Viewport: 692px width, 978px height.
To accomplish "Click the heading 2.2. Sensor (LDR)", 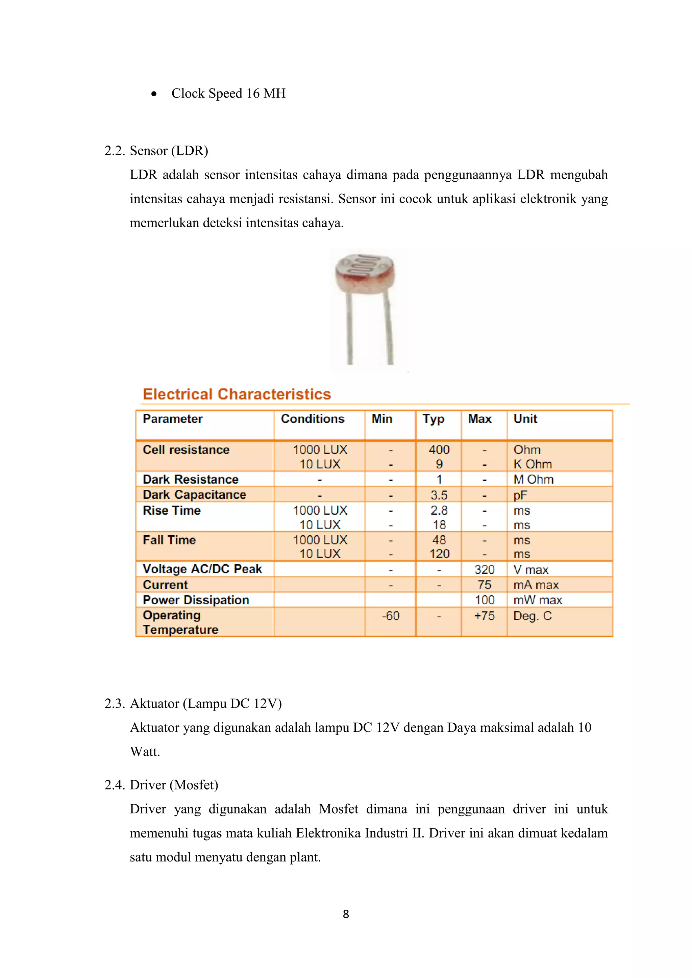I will [156, 151].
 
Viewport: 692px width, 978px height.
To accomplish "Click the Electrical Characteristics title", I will [237, 394].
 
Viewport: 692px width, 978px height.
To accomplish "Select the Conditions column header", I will [312, 419].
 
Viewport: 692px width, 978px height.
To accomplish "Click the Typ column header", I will [434, 419].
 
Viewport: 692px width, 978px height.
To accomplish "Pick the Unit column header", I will [525, 419].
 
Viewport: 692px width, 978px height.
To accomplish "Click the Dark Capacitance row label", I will [194, 495].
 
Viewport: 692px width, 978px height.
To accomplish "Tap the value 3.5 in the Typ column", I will [439, 495].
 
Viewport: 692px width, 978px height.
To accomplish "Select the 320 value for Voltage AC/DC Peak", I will [485, 569].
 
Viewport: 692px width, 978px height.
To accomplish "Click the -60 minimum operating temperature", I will [390, 616].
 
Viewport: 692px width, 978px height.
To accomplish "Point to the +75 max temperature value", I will [485, 616].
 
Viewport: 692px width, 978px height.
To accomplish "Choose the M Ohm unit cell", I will [533, 480].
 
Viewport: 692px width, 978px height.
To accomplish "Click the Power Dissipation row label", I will [196, 600].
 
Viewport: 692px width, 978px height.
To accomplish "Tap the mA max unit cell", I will [536, 585].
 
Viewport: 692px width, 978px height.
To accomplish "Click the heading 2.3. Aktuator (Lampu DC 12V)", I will [193, 704].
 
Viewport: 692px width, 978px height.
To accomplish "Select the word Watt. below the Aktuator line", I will [145, 752].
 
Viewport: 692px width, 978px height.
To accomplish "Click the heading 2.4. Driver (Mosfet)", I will [162, 785].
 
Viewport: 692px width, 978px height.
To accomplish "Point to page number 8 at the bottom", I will [346, 914].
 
